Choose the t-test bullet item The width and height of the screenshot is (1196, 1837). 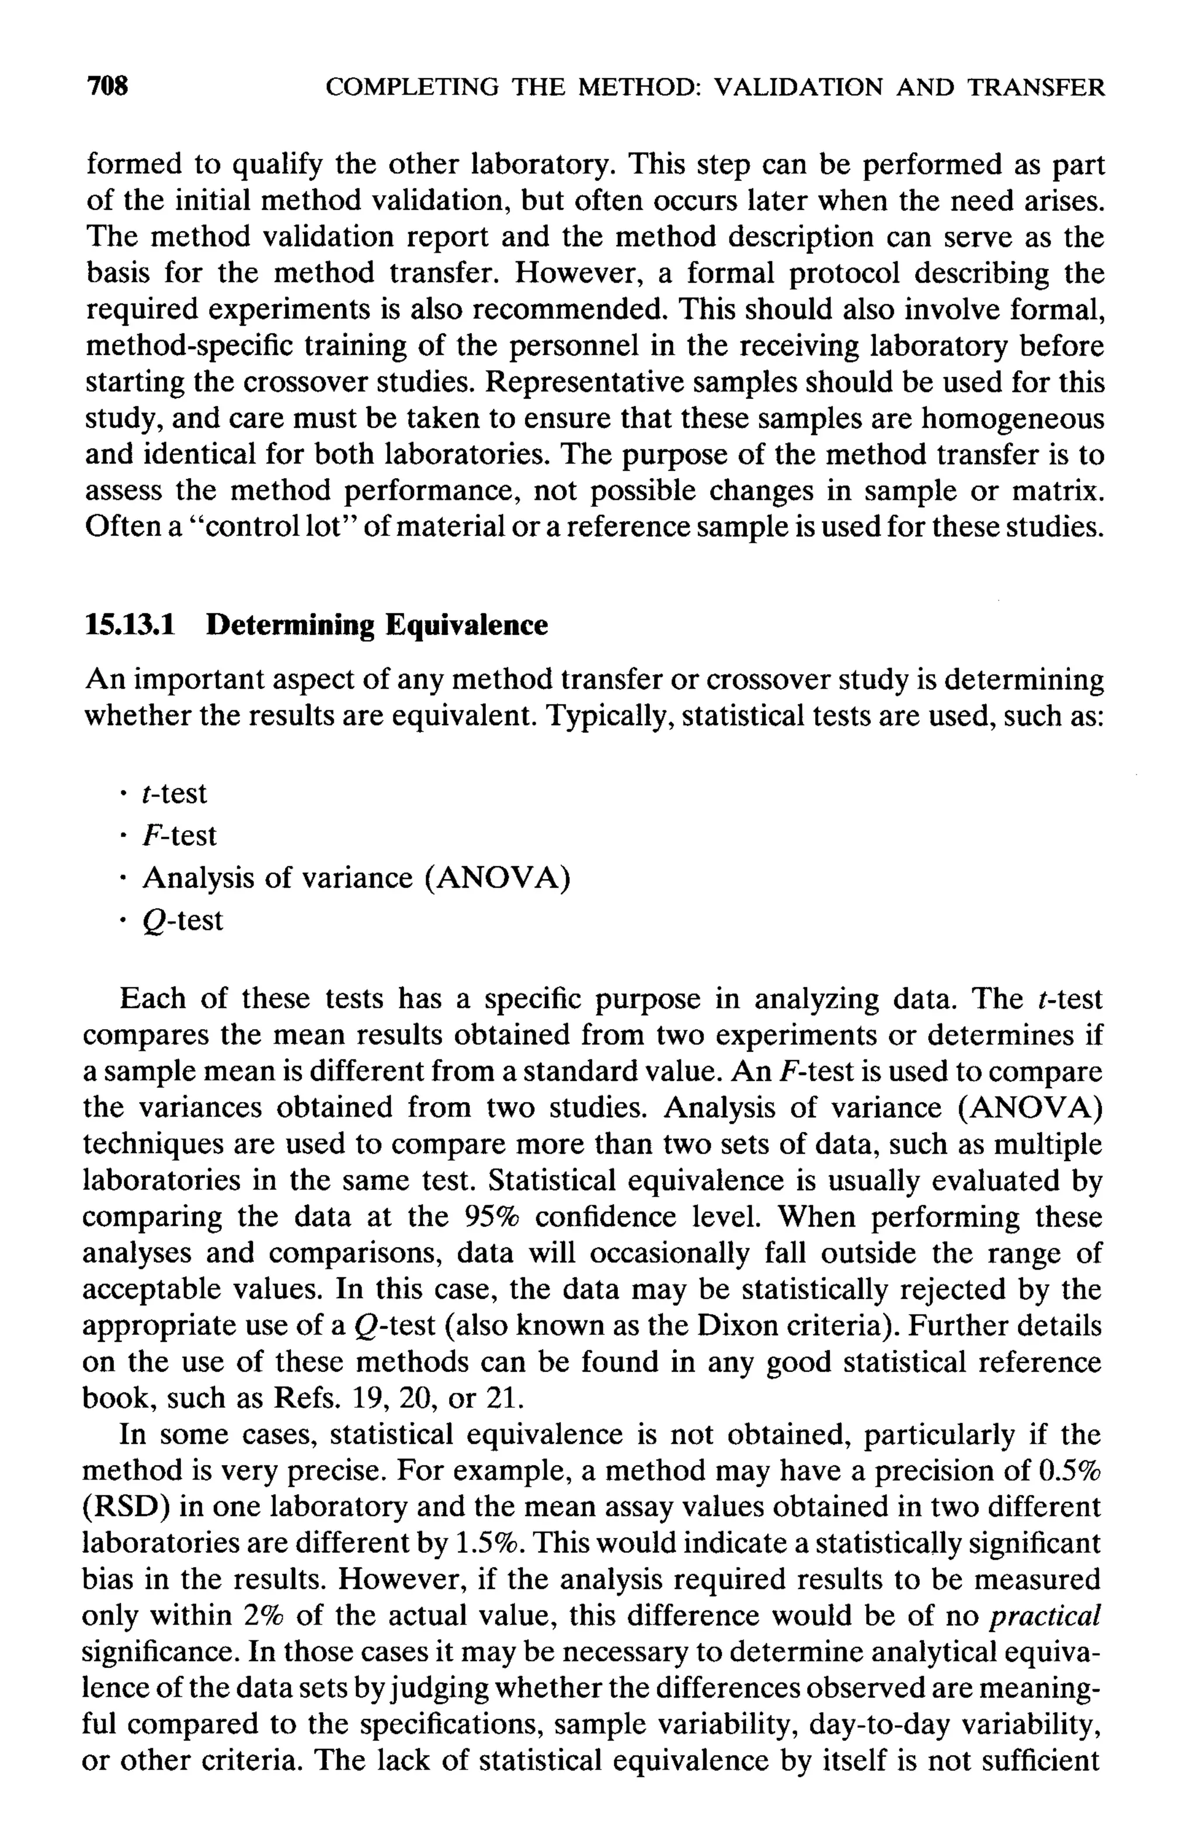[175, 793]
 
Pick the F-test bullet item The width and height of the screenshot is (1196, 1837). [179, 835]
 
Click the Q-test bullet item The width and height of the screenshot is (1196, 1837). [182, 920]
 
